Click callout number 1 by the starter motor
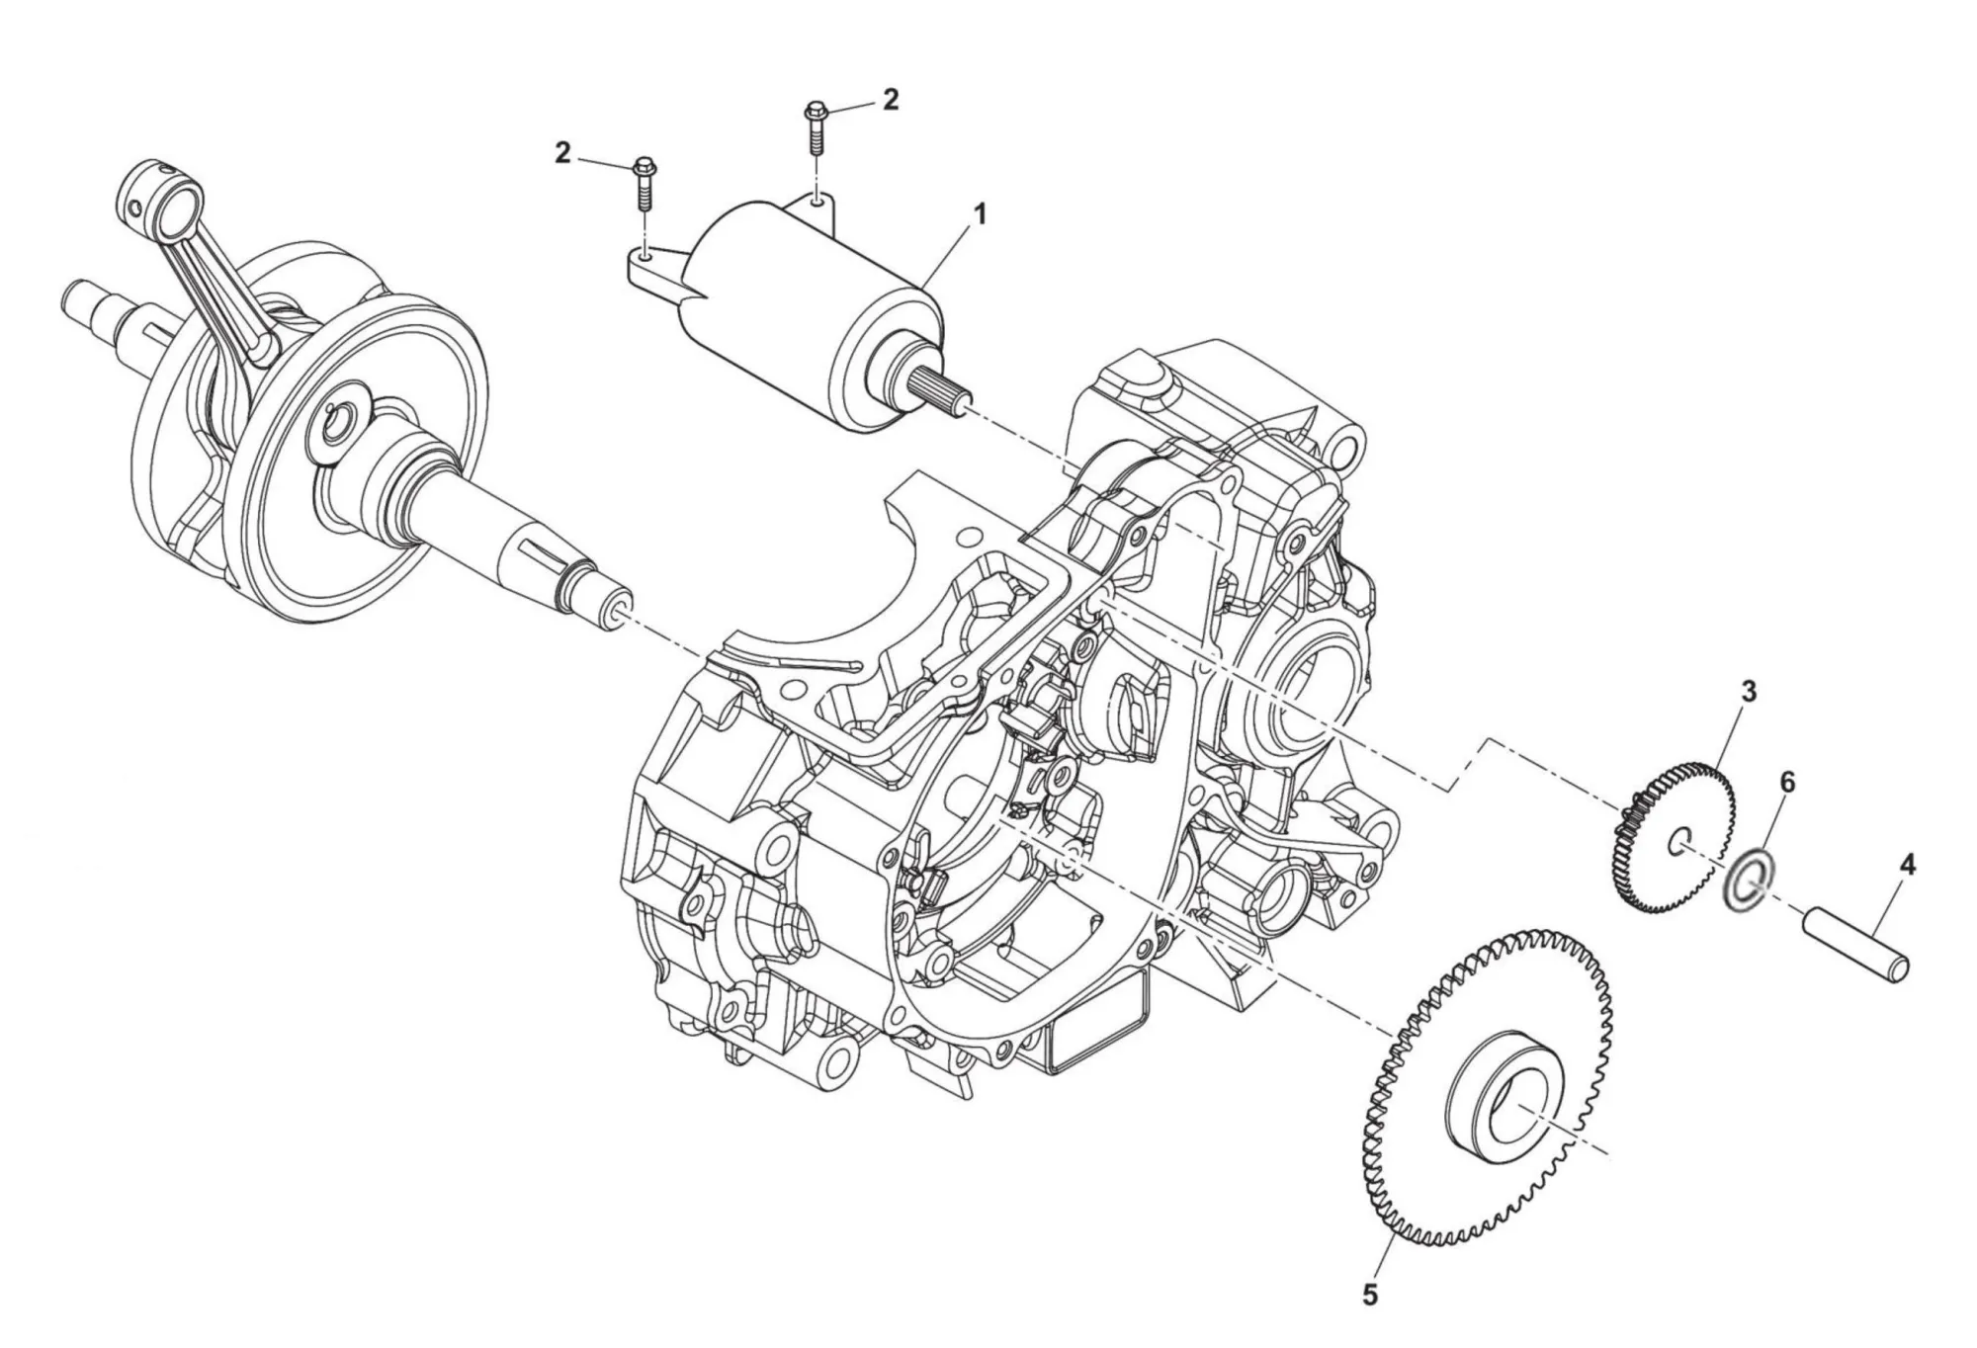[979, 213]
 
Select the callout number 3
[1749, 692]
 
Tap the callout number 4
[1907, 866]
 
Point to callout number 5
[1369, 1294]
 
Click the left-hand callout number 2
[562, 153]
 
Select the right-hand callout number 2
[891, 99]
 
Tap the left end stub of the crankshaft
[84, 297]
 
